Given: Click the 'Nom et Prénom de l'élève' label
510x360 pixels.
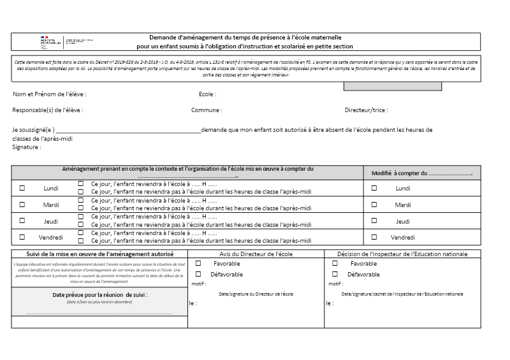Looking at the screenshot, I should click(49, 94).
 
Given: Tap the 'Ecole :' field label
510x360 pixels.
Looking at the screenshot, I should click(207, 94).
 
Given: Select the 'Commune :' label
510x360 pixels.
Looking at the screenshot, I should click(207, 110).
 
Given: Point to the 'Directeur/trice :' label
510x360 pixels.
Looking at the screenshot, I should click(366, 110).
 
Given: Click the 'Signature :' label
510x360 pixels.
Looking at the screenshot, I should click(27, 147).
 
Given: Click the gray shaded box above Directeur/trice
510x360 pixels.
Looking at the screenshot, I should click(388, 86).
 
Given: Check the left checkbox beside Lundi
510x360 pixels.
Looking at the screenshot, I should click(22, 188).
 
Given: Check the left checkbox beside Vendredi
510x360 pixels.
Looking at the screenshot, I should click(22, 237).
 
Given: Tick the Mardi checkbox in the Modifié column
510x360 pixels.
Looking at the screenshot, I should click(374, 205).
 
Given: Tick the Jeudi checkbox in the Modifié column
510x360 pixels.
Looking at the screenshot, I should click(374, 221).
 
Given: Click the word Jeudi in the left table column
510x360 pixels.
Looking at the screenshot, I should click(51, 221).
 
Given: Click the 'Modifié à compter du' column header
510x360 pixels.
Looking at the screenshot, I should click(421, 173).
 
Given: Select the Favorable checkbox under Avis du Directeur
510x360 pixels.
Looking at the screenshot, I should click(199, 263).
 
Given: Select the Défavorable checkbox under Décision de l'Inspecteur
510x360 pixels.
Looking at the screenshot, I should click(335, 275).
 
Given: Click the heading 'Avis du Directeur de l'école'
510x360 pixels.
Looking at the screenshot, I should click(256, 254).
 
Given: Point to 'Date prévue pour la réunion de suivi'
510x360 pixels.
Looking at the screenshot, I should click(100, 295).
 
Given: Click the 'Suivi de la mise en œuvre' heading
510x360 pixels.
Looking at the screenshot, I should click(99, 254).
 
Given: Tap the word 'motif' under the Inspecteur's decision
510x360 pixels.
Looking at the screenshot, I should click(334, 284).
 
